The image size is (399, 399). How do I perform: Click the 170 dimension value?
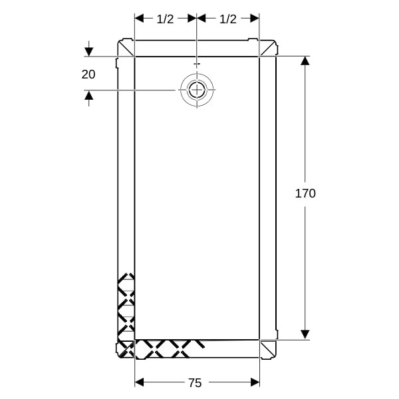[x=305, y=194]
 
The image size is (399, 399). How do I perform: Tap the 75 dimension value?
[x=195, y=383]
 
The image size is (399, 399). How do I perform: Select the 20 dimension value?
[x=88, y=74]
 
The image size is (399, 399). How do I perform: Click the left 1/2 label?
[x=165, y=19]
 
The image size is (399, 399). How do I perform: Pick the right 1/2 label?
[x=228, y=19]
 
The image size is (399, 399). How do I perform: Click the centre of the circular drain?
[x=197, y=90]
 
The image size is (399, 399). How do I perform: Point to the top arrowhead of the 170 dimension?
[x=305, y=61]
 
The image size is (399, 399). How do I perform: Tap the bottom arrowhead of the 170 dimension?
[x=305, y=334]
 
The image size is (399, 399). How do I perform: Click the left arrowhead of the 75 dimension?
[x=139, y=382]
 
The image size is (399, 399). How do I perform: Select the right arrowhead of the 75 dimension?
[x=255, y=382]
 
